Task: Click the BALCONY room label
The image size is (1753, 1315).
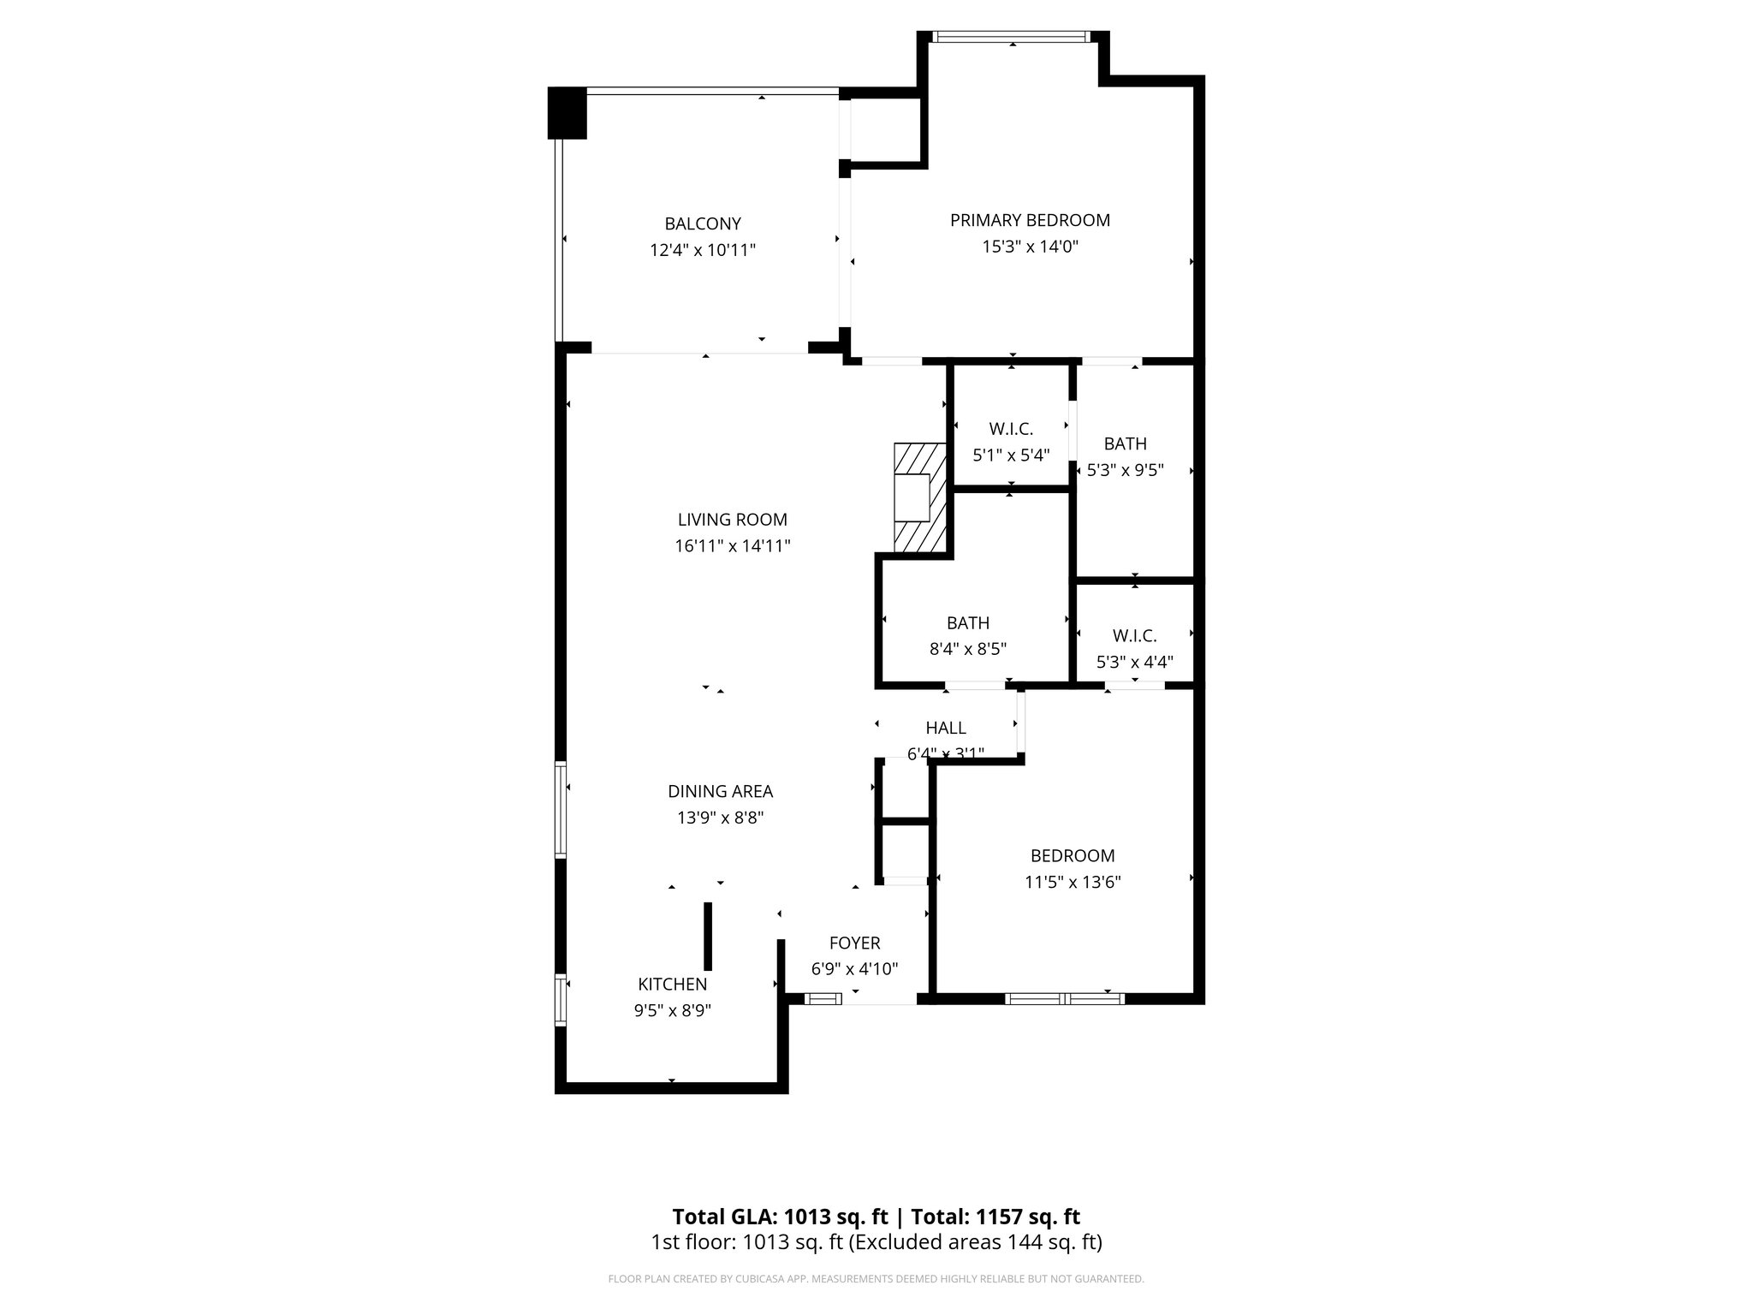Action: point(703,224)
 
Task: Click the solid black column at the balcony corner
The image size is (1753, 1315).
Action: point(567,113)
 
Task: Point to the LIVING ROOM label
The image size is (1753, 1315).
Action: point(732,520)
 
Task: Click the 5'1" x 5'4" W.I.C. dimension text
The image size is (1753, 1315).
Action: point(1011,455)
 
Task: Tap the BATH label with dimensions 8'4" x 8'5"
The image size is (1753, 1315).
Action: point(967,623)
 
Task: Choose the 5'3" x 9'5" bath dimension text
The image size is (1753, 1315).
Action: point(1125,470)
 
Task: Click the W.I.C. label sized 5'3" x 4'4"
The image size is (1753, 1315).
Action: point(1134,636)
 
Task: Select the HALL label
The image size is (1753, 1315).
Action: point(946,728)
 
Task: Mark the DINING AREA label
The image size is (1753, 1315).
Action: point(720,792)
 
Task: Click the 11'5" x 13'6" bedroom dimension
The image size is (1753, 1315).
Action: point(1073,883)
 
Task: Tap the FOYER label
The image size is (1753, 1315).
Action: point(854,943)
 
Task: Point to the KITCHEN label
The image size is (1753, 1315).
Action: point(672,985)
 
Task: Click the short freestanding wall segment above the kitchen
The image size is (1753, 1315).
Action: point(708,935)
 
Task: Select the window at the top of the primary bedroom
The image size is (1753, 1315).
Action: point(1012,37)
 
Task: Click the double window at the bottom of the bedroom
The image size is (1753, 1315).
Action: point(1064,998)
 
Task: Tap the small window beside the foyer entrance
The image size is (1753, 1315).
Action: point(823,998)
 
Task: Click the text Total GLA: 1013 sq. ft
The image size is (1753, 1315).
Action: point(780,1217)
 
